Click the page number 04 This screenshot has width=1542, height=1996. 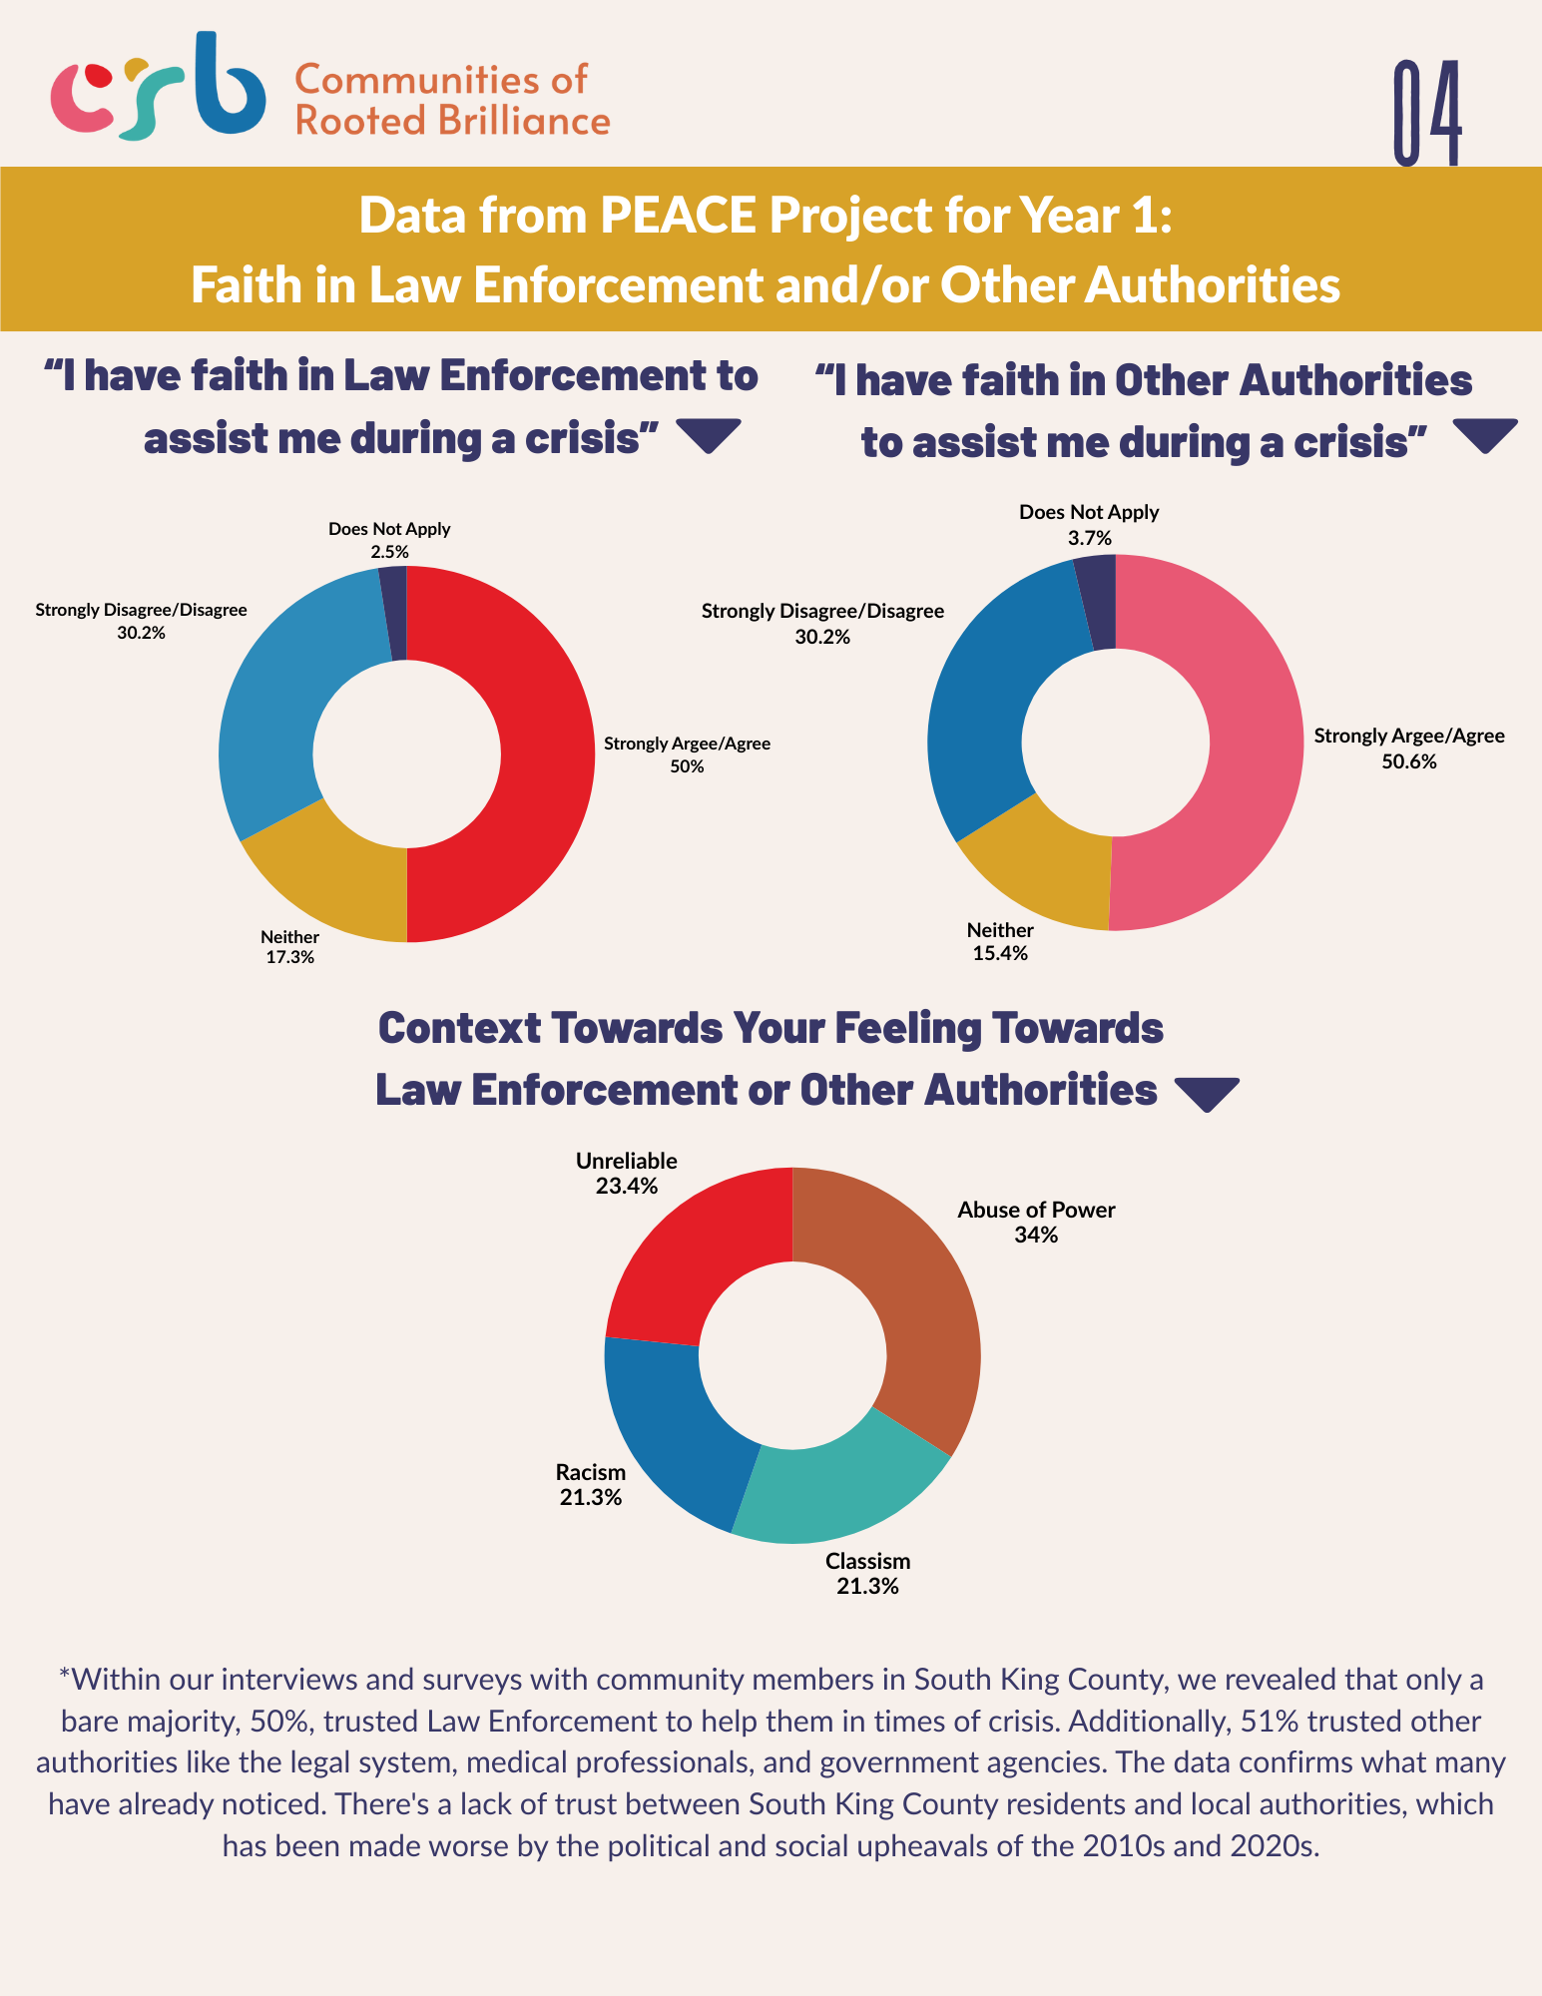click(x=1427, y=112)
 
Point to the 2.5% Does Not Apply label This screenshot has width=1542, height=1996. click(x=389, y=540)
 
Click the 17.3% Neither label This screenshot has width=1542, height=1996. click(x=289, y=947)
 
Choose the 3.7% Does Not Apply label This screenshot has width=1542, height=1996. click(x=1089, y=525)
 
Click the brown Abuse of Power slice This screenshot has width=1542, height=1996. click(x=918, y=1317)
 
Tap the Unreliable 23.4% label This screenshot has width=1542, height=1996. click(x=627, y=1174)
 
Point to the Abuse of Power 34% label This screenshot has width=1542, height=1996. click(x=1036, y=1223)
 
